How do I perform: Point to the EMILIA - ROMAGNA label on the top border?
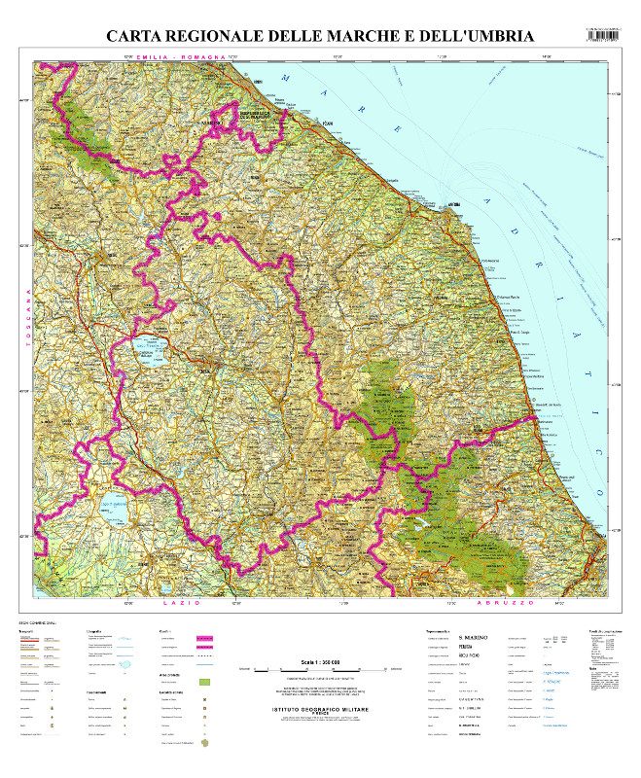pos(181,58)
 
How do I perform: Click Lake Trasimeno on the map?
pos(148,348)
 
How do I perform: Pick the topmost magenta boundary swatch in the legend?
pos(204,639)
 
